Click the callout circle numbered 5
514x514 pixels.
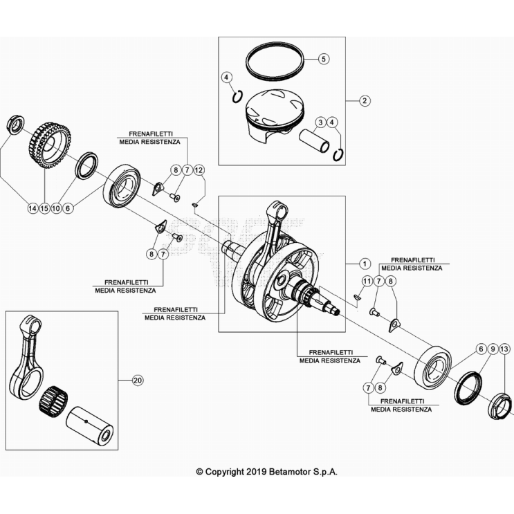[324, 59]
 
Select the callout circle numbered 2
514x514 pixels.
[365, 100]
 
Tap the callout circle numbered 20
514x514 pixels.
[138, 380]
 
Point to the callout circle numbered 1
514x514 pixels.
[365, 264]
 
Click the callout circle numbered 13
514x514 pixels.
[504, 349]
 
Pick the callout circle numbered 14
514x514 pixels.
[33, 208]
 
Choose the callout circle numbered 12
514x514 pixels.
[199, 170]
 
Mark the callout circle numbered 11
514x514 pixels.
[367, 282]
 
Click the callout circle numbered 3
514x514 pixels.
[320, 122]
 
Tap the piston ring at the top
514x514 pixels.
[275, 62]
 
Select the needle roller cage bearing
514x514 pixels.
[53, 399]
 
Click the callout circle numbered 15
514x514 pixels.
[44, 208]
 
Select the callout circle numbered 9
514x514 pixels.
[493, 349]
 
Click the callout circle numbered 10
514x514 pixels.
[56, 208]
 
